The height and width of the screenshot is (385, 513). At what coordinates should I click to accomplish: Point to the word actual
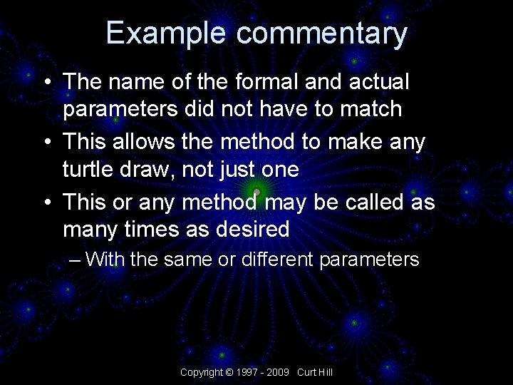(x=379, y=82)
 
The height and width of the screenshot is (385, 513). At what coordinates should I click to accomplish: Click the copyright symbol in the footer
(x=229, y=372)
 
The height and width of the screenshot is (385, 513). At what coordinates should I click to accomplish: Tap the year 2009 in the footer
(x=280, y=372)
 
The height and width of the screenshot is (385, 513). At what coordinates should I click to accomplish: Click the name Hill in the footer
(x=325, y=372)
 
